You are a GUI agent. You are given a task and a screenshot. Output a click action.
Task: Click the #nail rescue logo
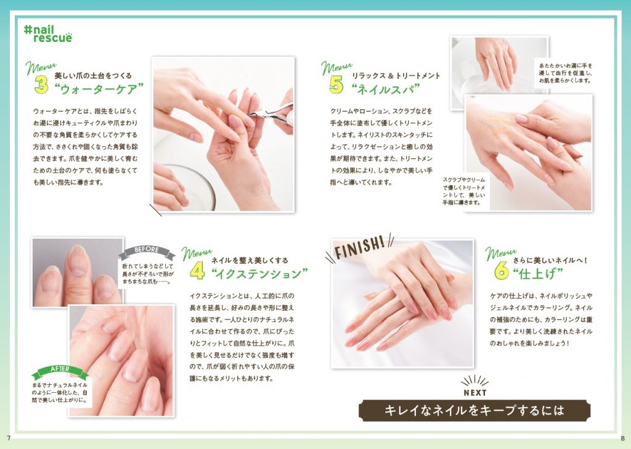click(48, 34)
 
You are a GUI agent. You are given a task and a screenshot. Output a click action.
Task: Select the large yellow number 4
click(197, 271)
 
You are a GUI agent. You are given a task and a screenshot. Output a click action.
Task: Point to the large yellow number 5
click(336, 84)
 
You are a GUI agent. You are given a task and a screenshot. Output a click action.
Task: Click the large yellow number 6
click(502, 270)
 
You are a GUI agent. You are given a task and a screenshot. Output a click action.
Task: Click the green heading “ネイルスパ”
click(386, 89)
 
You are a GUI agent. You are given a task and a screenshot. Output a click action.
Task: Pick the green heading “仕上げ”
click(538, 274)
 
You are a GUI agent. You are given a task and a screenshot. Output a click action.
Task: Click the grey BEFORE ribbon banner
click(147, 252)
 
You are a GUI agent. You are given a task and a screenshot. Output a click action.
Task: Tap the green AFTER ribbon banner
click(60, 371)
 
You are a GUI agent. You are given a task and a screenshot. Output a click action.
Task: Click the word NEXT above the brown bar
click(475, 393)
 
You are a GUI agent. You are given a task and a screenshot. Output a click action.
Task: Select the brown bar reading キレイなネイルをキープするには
click(474, 410)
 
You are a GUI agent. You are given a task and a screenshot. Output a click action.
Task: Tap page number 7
click(9, 438)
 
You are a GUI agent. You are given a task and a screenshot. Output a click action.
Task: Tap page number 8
click(622, 438)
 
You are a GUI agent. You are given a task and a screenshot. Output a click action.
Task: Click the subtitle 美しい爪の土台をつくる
click(93, 75)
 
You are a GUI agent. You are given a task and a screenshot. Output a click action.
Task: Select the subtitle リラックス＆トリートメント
click(396, 75)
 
